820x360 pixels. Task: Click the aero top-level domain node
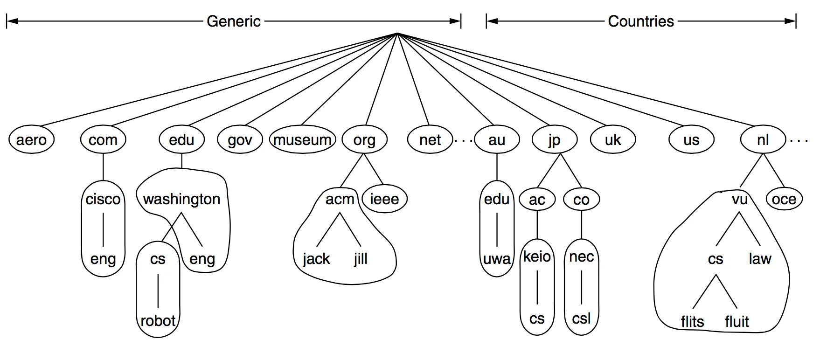click(31, 140)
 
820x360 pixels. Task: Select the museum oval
click(302, 140)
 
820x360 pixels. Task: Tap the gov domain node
click(240, 140)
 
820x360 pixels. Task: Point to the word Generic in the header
click(233, 21)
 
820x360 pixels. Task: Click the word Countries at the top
click(640, 21)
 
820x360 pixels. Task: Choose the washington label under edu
click(181, 200)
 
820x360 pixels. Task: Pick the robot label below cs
click(158, 321)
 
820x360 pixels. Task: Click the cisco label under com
click(103, 200)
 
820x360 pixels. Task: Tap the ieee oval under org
click(384, 200)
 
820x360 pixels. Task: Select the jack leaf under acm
click(316, 259)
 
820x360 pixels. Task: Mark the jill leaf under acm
click(361, 259)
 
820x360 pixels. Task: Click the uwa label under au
click(497, 259)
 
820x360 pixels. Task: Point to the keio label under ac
click(537, 256)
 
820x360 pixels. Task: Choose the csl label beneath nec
click(581, 318)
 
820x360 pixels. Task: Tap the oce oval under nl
click(784, 200)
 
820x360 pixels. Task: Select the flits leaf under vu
click(692, 321)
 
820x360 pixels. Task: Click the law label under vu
click(760, 259)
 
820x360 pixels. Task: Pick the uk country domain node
click(612, 140)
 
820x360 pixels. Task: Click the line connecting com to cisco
click(103, 166)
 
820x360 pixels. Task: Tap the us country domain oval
click(691, 140)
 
